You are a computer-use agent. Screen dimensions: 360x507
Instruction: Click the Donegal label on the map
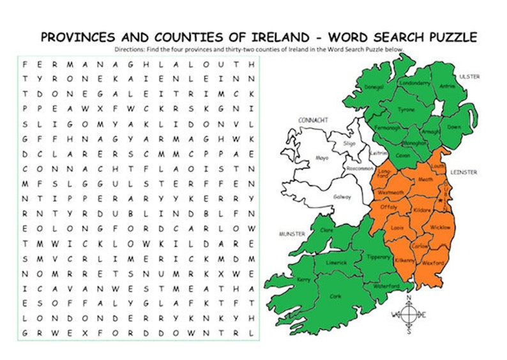[373, 87]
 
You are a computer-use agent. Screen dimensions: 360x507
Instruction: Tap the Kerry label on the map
[305, 280]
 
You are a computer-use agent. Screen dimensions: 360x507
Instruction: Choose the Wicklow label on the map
[439, 227]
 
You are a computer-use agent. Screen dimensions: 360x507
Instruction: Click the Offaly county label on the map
[388, 207]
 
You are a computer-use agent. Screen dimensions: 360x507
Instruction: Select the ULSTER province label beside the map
[488, 77]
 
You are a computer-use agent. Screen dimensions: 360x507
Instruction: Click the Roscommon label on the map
[342, 169]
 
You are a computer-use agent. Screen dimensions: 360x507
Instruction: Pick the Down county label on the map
[454, 127]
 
